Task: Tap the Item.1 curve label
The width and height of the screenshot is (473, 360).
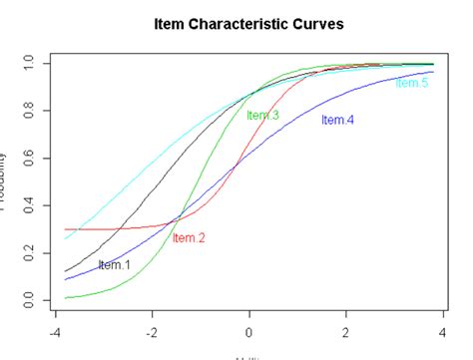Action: tap(115, 265)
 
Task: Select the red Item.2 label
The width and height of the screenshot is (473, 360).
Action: tap(189, 237)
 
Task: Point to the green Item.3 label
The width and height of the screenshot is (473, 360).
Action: tap(262, 116)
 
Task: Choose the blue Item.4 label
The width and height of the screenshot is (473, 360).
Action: tap(337, 121)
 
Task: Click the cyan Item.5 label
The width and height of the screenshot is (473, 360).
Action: tap(411, 84)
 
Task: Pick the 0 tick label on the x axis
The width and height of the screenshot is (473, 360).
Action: tap(249, 336)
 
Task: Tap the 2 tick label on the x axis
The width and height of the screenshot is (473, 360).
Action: tap(346, 336)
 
